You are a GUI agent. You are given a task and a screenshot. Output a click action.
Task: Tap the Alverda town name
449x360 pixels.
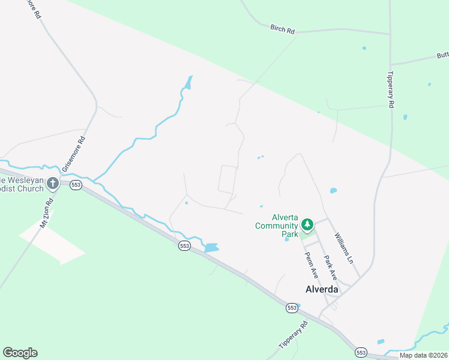click(x=319, y=289)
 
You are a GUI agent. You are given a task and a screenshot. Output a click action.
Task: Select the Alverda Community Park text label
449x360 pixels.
click(x=277, y=226)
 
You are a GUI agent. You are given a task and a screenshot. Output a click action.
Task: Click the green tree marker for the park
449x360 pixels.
click(x=307, y=225)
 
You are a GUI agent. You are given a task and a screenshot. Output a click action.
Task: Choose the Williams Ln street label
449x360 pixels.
click(x=344, y=248)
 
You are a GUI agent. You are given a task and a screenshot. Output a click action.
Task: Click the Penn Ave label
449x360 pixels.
click(x=311, y=265)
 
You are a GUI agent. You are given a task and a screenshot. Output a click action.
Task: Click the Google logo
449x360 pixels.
click(x=20, y=353)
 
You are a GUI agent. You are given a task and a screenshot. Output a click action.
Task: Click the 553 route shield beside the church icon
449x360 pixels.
click(x=76, y=185)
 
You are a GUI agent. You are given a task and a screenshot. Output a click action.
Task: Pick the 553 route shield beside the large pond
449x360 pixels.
click(x=184, y=245)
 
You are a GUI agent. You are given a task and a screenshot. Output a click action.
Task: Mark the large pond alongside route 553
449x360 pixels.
click(x=211, y=247)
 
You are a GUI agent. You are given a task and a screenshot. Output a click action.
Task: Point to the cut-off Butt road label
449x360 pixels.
click(x=442, y=55)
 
